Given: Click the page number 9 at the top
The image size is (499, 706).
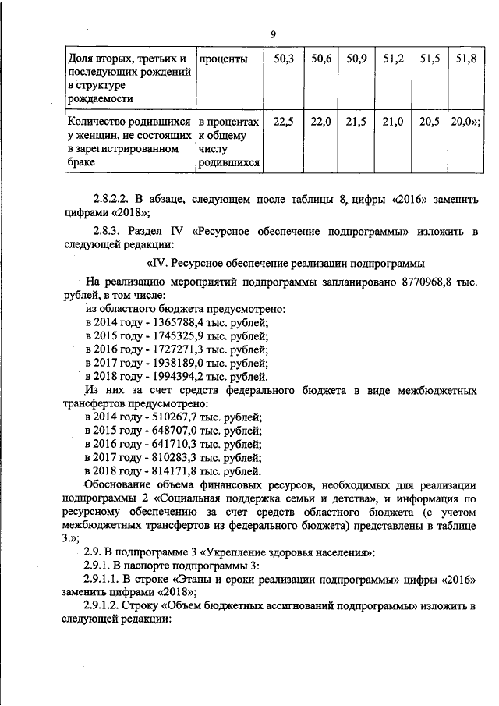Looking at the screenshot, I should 273,34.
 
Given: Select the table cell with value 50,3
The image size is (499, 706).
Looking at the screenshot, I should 283,59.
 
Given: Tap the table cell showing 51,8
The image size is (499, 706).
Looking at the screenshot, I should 465,59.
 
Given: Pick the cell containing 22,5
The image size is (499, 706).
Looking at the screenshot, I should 283,122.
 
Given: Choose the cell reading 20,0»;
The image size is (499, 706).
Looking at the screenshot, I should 465,122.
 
